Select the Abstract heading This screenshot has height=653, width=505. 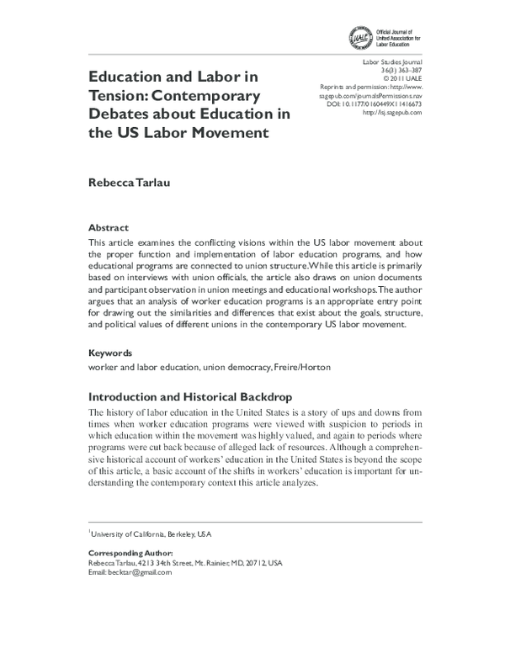point(109,228)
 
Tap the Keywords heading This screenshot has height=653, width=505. point(111,353)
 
